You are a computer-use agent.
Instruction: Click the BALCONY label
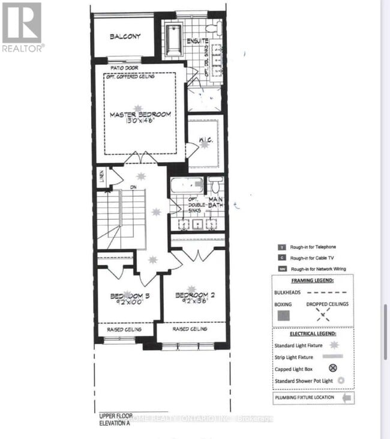click(125, 36)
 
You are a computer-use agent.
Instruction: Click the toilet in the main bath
click(216, 185)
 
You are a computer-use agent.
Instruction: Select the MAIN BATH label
click(215, 203)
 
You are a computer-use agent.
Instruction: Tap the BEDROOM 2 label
click(195, 295)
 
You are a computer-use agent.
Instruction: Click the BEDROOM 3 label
click(129, 296)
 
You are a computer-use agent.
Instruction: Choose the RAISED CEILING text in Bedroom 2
click(190, 329)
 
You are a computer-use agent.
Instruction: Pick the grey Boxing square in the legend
click(284, 314)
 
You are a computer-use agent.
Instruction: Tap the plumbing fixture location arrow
click(347, 397)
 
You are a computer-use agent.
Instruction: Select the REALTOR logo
click(22, 27)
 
